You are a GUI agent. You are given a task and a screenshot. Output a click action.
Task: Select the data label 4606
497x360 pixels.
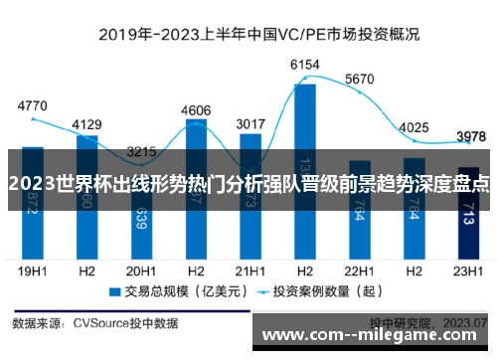pyautogui.click(x=196, y=110)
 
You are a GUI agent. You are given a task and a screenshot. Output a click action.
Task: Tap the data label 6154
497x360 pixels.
pyautogui.click(x=305, y=65)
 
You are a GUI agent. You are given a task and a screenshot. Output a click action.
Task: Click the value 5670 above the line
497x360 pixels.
pyautogui.click(x=359, y=80)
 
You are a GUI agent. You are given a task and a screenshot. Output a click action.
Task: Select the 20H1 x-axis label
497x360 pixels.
pyautogui.click(x=141, y=269)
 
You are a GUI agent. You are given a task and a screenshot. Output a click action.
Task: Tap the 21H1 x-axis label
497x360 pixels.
pyautogui.click(x=249, y=269)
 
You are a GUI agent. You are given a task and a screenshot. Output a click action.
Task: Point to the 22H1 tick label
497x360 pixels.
pyautogui.click(x=359, y=269)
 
